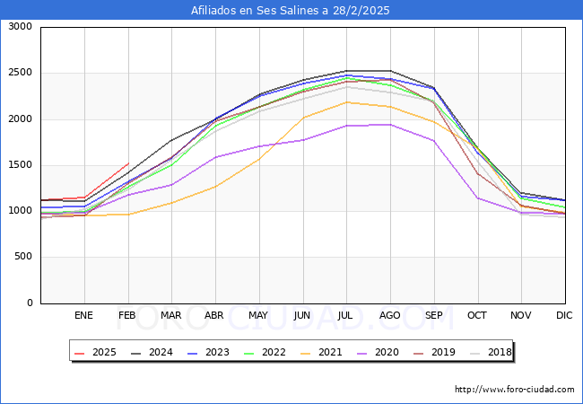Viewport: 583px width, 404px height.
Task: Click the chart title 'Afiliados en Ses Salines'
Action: click(291, 10)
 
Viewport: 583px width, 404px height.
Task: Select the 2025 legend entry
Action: click(94, 352)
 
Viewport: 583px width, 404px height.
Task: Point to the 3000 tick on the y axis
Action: click(19, 27)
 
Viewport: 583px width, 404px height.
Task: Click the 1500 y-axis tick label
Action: click(19, 165)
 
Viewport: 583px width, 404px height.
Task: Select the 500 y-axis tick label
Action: click(22, 258)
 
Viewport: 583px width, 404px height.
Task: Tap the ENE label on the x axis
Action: click(83, 316)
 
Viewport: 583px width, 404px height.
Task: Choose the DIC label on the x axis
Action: click(564, 316)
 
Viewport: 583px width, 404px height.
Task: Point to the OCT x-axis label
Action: click(477, 316)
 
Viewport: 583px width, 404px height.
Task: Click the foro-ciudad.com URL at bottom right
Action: click(514, 390)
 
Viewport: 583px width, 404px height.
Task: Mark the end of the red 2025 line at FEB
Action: click(128, 163)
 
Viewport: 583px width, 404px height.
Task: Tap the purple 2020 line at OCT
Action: click(477, 198)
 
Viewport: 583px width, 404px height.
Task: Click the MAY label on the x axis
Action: click(258, 316)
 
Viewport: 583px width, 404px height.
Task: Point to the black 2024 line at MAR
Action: click(171, 140)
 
